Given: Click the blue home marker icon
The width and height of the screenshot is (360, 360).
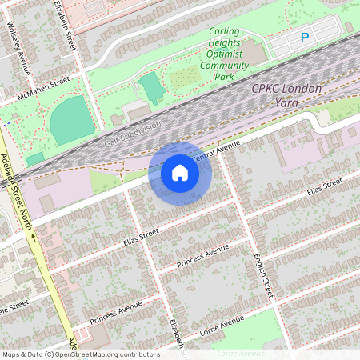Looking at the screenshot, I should [x=180, y=173].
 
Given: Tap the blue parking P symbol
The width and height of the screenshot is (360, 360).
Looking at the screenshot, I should [x=304, y=38].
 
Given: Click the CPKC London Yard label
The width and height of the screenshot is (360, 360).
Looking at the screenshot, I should [x=286, y=95].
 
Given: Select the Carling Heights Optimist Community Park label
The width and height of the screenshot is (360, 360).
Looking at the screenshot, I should [x=224, y=54].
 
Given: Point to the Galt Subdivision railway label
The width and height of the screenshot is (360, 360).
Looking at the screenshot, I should [x=133, y=134].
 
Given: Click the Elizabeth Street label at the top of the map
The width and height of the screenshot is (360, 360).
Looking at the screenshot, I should [x=66, y=24].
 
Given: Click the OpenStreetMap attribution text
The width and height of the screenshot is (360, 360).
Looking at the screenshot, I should [x=80, y=354].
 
